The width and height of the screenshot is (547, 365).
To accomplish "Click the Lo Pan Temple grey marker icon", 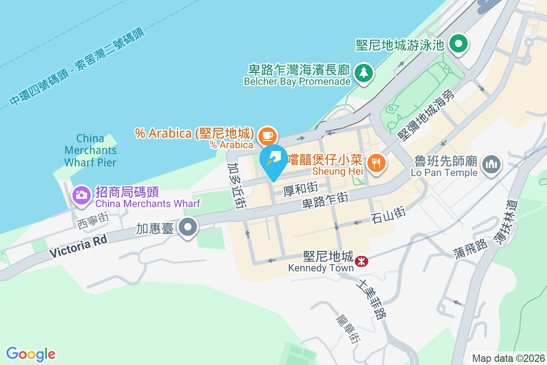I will pyautogui.click(x=491, y=163).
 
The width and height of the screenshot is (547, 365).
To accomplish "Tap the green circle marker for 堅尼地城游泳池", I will pyautogui.click(x=458, y=44).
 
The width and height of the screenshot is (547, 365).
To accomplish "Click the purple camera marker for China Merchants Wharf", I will pyautogui.click(x=82, y=195).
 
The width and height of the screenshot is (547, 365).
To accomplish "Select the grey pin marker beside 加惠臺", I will pyautogui.click(x=187, y=227).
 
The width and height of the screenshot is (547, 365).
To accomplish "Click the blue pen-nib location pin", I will pyautogui.click(x=273, y=160).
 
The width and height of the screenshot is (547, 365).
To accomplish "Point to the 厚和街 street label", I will pyautogui.click(x=300, y=188).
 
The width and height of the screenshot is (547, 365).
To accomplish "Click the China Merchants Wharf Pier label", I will pyautogui.click(x=90, y=150).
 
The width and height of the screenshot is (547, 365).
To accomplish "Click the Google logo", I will pyautogui.click(x=31, y=354).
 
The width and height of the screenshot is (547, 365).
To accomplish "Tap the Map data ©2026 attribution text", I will pyautogui.click(x=508, y=358).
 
